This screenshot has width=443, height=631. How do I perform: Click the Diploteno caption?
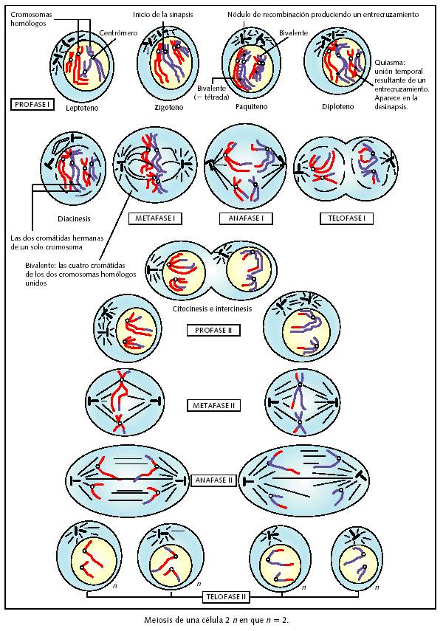click(339, 107)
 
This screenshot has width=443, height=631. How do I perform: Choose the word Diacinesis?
click(74, 218)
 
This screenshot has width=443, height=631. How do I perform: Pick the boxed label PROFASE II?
click(213, 330)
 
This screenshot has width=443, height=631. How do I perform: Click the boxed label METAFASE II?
click(214, 405)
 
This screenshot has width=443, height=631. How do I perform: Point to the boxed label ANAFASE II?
click(214, 480)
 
